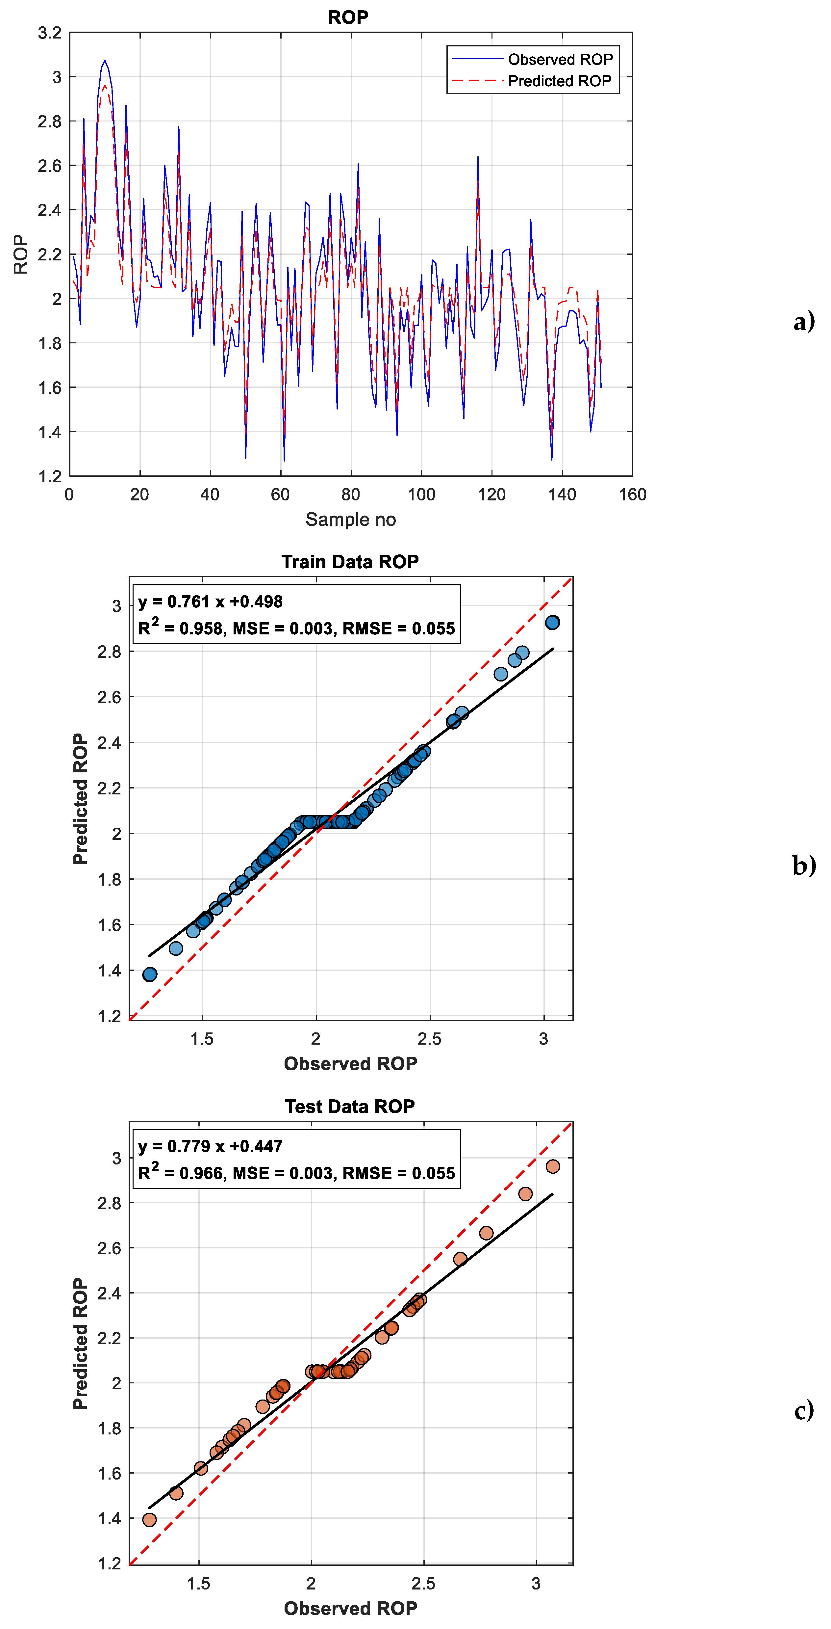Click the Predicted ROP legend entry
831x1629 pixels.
coord(559,81)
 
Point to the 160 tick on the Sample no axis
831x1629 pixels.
coord(632,494)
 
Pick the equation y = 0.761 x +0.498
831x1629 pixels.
coord(211,601)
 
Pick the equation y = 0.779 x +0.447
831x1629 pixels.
coord(211,1146)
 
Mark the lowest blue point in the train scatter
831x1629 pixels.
coord(150,974)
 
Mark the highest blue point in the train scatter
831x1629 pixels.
coord(552,622)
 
